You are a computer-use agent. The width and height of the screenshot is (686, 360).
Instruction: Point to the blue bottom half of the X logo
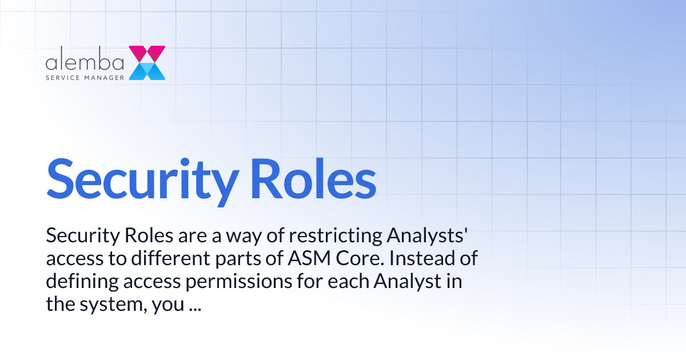pyautogui.click(x=147, y=71)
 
